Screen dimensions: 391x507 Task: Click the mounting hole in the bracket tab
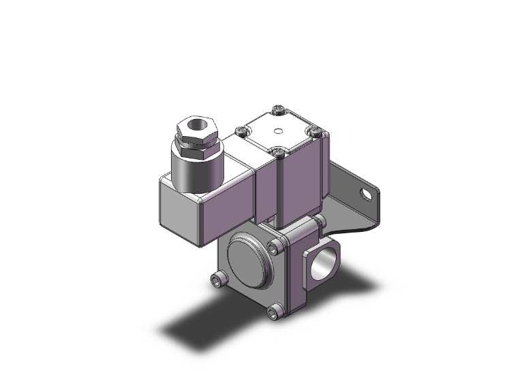tap(369, 194)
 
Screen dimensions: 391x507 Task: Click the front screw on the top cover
tap(278, 151)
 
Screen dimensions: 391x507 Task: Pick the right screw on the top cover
tap(314, 129)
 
